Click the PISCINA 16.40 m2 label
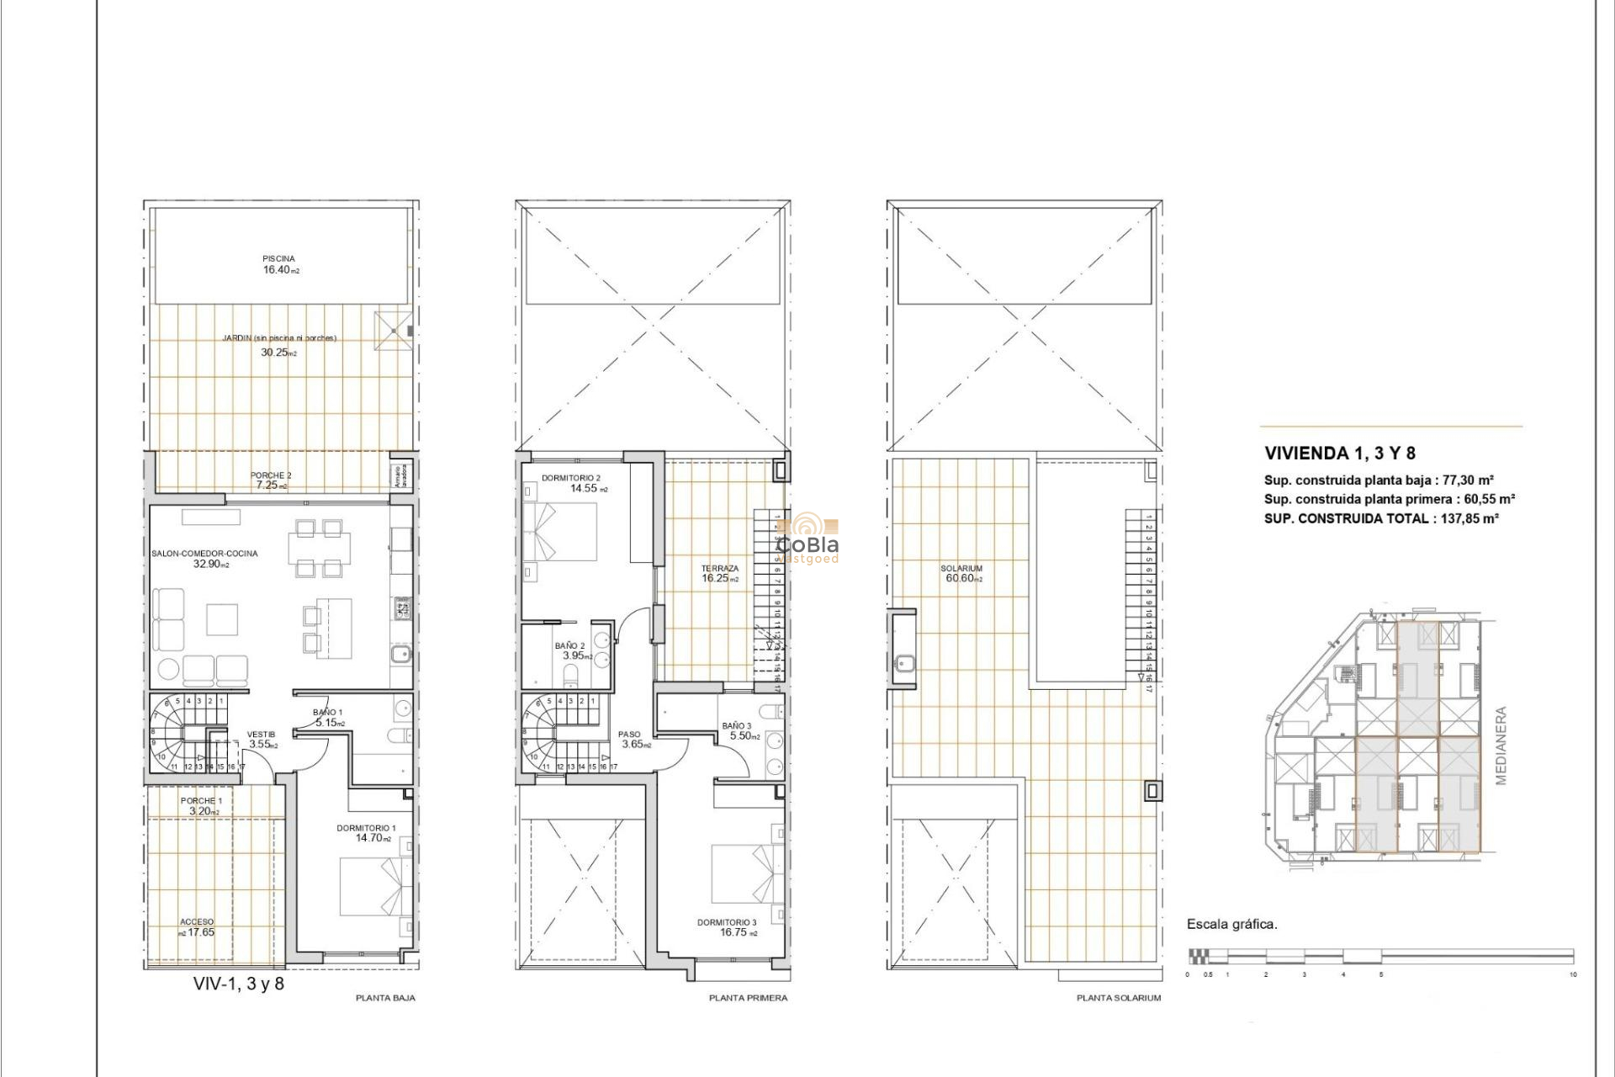coord(279,265)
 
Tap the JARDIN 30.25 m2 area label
coord(278,345)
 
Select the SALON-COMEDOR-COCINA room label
coord(205,559)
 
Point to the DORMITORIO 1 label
coord(366,833)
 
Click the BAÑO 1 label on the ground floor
coord(328,718)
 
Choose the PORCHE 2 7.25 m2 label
coord(270,480)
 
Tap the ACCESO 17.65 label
coord(197,927)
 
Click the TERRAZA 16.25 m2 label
coord(720,574)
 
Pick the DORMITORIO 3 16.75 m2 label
coord(727,927)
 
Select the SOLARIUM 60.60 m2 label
coord(961,574)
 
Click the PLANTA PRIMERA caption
coord(748,998)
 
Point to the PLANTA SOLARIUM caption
coord(1118,998)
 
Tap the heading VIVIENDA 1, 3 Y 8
coord(1339,454)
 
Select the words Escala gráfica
coord(1231,924)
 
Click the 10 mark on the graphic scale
coord(1572,974)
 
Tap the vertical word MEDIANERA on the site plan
coord(1501,745)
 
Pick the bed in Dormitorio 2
coord(559,533)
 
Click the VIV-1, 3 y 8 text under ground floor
coord(239,984)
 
